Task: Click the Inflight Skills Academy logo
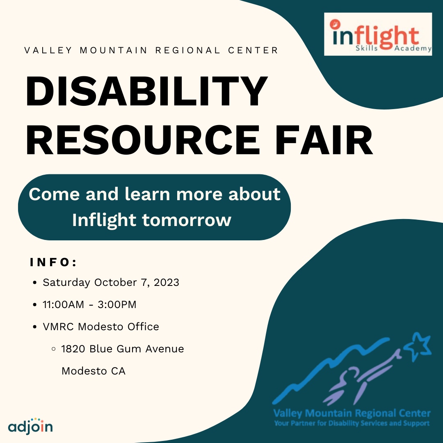click(378, 34)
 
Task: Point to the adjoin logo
click(30, 426)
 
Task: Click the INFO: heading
click(54, 263)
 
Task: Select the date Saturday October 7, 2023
click(111, 283)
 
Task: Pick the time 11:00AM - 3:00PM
click(89, 305)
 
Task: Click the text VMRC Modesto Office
click(101, 327)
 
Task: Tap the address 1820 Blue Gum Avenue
click(123, 349)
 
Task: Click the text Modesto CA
click(94, 371)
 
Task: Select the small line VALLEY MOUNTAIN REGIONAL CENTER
click(151, 50)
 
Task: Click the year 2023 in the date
click(166, 283)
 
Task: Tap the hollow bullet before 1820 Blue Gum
click(53, 349)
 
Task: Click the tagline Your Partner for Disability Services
click(352, 423)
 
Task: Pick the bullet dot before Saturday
click(35, 283)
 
